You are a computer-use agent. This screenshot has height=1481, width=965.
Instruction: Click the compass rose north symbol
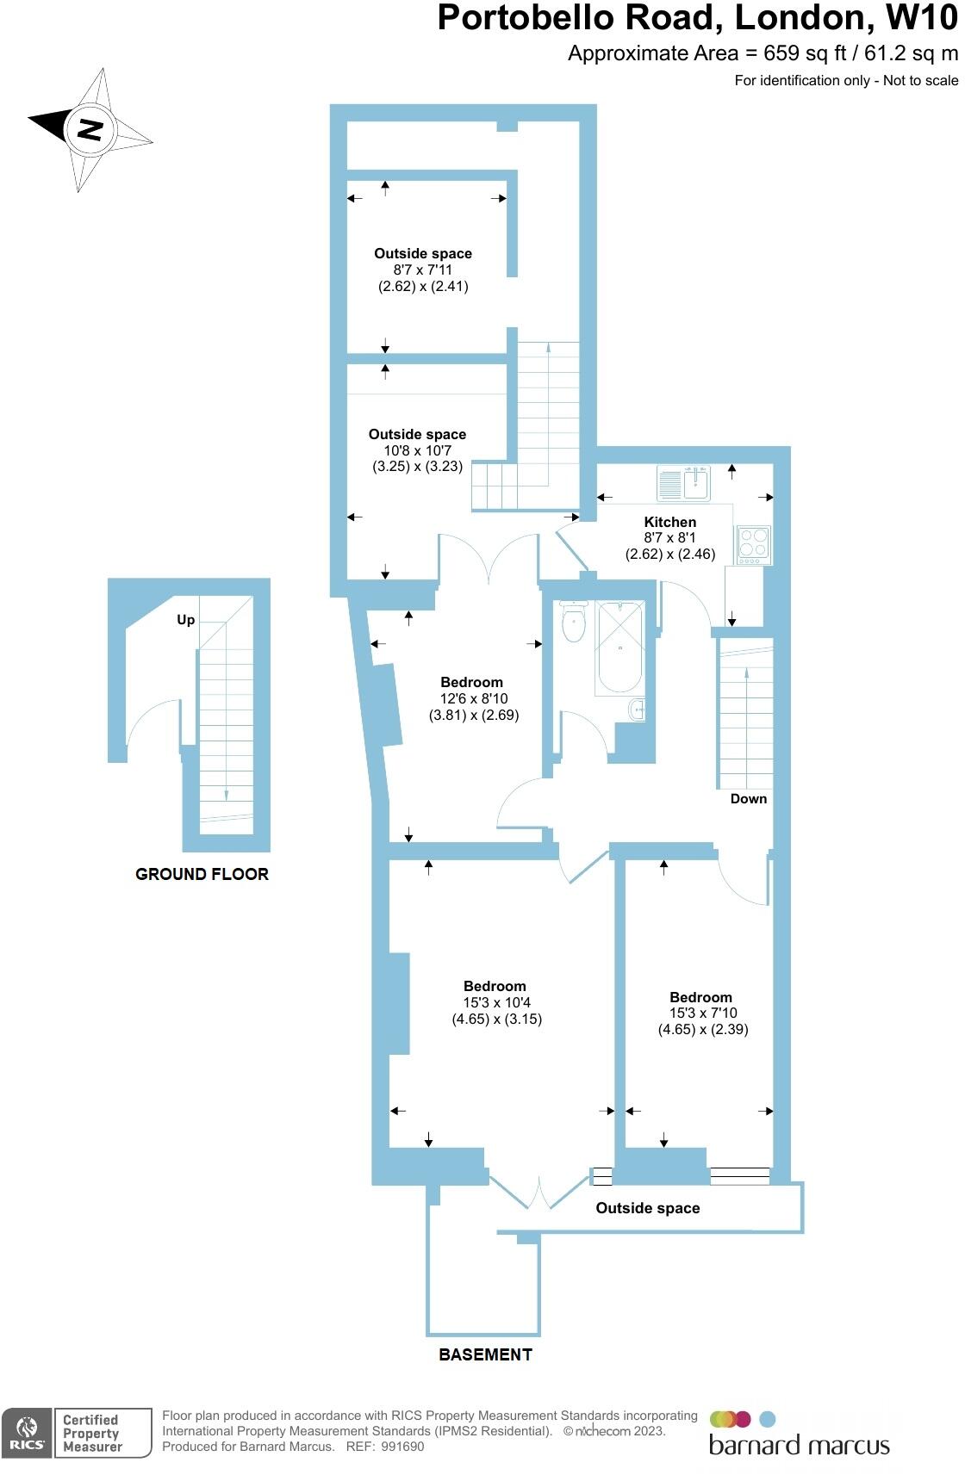point(90,129)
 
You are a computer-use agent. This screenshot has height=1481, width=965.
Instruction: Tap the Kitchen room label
point(669,522)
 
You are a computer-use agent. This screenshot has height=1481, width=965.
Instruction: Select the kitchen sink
point(683,483)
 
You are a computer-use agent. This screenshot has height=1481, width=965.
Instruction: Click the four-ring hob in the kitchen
point(754,545)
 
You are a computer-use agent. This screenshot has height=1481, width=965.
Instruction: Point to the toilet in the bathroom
point(573,622)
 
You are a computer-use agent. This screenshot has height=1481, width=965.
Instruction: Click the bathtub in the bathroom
point(619,648)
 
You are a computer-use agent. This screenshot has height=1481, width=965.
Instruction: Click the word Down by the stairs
point(748,799)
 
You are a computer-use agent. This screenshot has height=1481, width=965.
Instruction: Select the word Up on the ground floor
point(185,620)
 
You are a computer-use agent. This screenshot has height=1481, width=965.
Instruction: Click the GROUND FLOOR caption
point(202,874)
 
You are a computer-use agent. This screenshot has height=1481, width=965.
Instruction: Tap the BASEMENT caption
point(485,1354)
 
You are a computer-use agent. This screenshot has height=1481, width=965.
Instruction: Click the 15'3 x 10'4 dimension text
point(496,1002)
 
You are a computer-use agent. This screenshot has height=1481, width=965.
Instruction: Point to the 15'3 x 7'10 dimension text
point(703,1013)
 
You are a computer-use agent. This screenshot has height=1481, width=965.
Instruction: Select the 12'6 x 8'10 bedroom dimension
point(474,698)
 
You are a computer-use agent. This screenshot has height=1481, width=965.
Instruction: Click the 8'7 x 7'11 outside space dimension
point(423,270)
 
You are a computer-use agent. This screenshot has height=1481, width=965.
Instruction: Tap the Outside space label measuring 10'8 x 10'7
point(417,435)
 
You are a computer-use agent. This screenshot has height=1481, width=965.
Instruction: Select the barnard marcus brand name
point(799,1445)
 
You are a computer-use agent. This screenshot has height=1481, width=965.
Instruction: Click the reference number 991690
point(403,1447)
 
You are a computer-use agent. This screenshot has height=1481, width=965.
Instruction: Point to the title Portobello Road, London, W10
point(697,18)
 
